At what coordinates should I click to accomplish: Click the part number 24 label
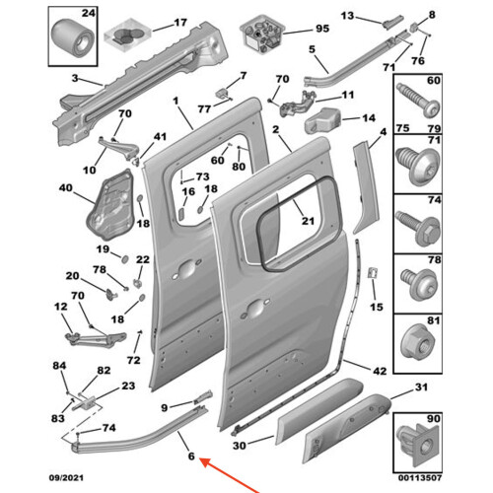pos(89,14)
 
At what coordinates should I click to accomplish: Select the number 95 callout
pos(322,29)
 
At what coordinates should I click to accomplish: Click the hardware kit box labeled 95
pos(262,34)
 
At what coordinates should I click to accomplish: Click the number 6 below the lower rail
pos(191,457)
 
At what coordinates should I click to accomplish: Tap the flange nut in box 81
pos(417,342)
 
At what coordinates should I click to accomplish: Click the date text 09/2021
pos(66,477)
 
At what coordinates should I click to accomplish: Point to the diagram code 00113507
pos(420,477)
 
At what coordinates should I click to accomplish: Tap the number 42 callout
pos(380,371)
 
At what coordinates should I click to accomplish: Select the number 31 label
pos(421,387)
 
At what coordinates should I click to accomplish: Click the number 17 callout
pos(180,23)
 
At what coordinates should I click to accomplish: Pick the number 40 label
pos(65,188)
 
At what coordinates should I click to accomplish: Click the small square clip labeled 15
pos(373,273)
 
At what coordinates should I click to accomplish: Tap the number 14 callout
pos(369,118)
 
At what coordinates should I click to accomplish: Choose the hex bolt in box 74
pos(418,228)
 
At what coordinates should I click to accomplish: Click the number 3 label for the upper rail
pos(75,79)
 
